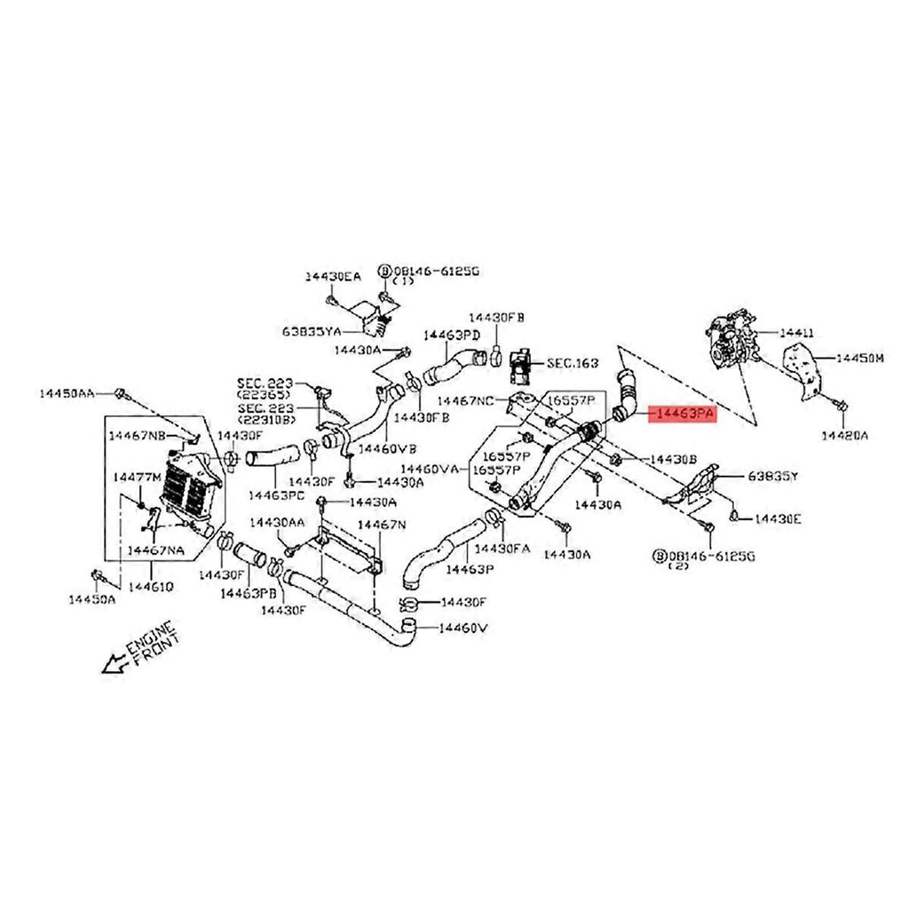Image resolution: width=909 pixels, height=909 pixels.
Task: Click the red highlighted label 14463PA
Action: (x=683, y=414)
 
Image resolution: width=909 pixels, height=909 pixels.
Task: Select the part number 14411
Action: (x=796, y=333)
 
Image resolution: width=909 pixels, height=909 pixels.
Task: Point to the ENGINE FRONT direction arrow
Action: (x=114, y=662)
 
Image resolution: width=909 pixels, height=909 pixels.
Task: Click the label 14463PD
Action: (x=451, y=335)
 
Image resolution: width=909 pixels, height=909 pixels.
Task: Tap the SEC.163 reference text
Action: (x=573, y=363)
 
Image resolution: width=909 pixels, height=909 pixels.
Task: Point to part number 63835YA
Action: (x=312, y=332)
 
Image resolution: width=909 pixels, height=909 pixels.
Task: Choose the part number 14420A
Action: (x=844, y=435)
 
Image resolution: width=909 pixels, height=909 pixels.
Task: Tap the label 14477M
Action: (x=137, y=478)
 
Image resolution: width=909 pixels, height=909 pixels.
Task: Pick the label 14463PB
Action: (x=248, y=592)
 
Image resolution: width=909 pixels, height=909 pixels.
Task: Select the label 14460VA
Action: (x=430, y=468)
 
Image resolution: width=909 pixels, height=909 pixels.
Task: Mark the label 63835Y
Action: (x=774, y=477)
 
